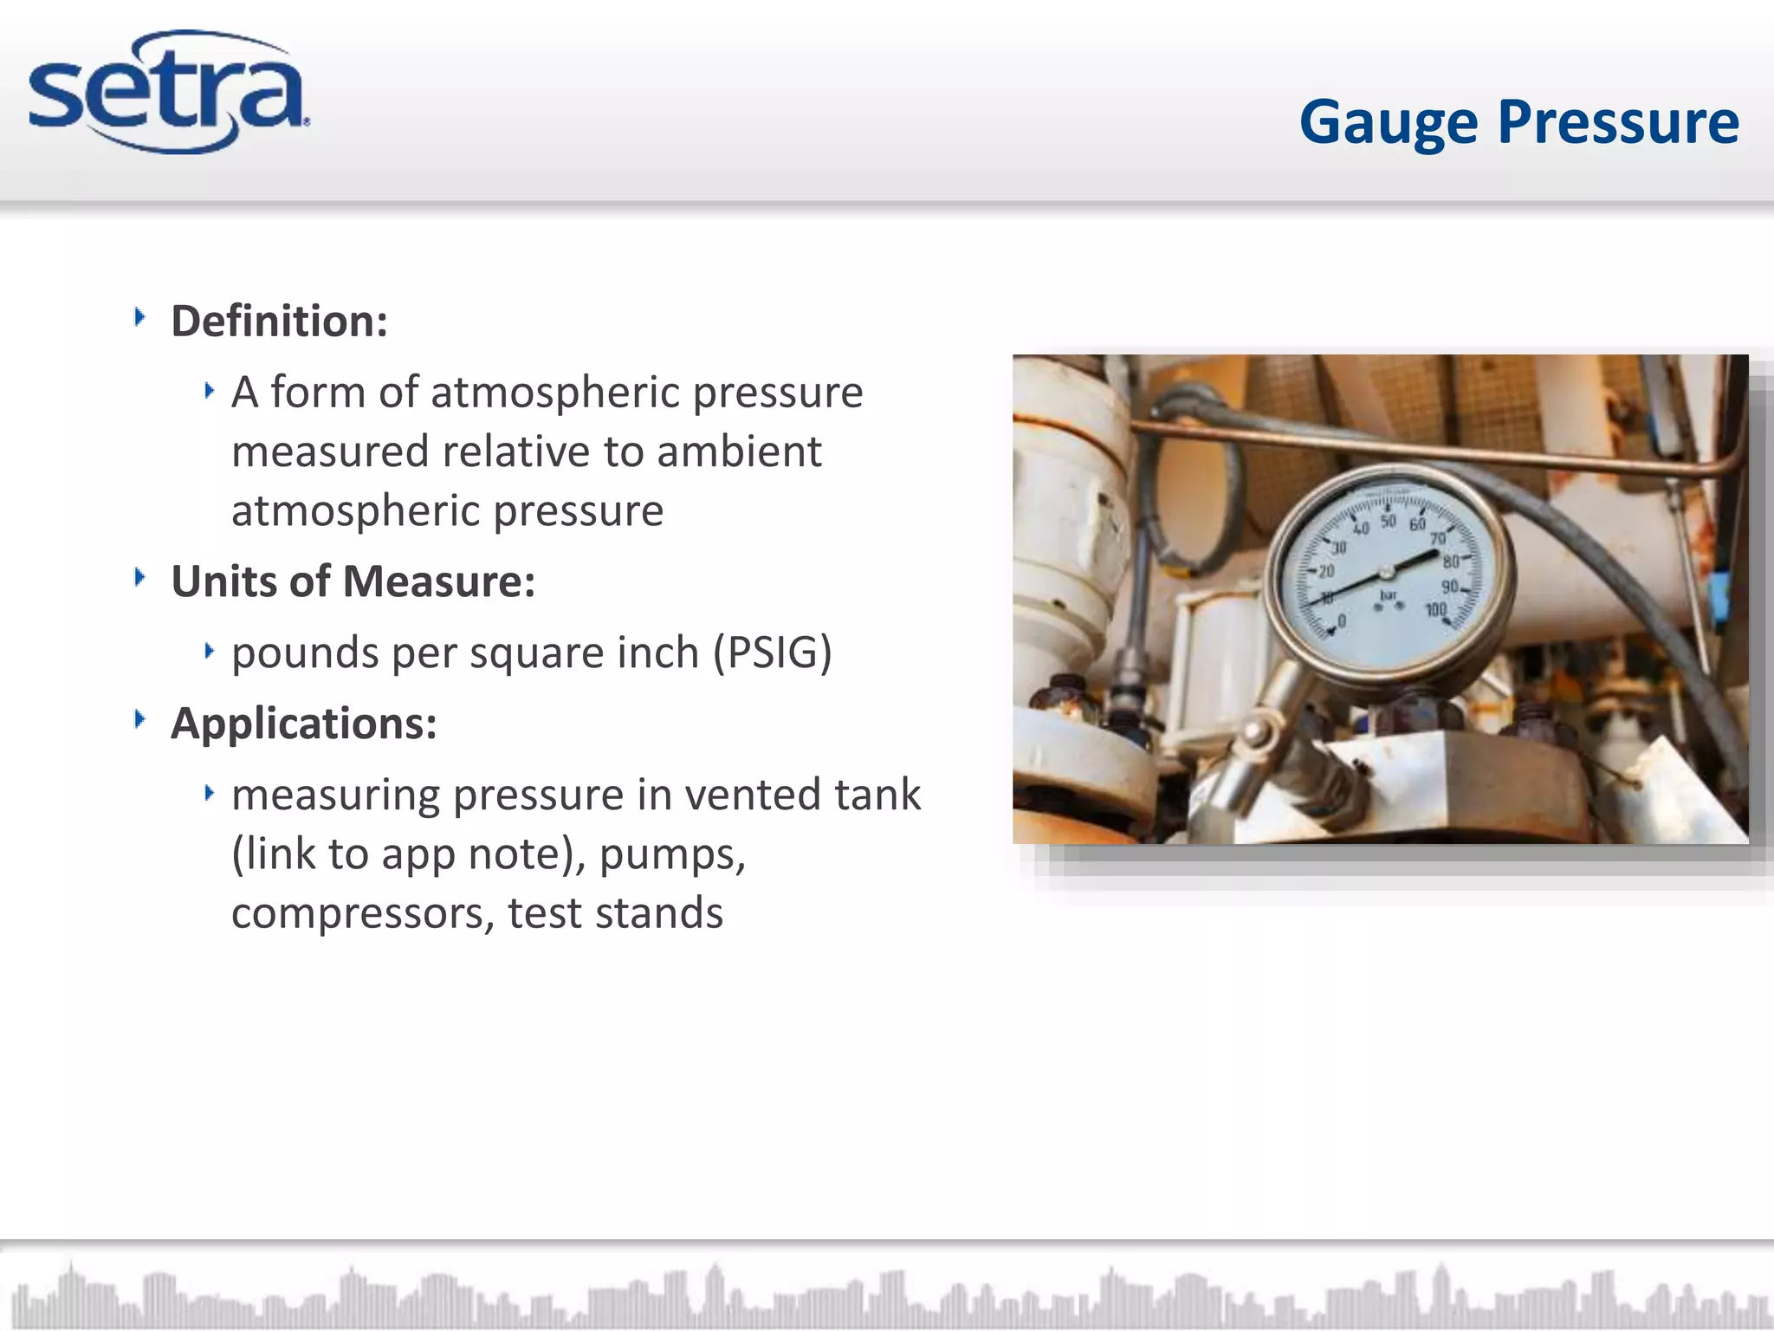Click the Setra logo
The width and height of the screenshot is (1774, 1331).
coord(169,93)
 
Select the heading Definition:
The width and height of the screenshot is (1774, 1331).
coord(279,321)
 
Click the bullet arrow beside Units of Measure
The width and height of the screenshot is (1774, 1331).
coord(139,577)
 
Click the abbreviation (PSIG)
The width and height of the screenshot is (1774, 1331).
coord(772,653)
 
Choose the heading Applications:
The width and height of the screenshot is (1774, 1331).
coord(303,724)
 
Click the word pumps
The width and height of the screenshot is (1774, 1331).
coord(671,855)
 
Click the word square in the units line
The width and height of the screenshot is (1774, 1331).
coord(536,653)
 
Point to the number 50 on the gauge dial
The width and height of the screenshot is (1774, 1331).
coord(1389,522)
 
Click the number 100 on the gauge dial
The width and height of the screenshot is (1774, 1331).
coord(1436,610)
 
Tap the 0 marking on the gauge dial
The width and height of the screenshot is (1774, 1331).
coord(1342,621)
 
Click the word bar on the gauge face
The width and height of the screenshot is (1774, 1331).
coord(1388,594)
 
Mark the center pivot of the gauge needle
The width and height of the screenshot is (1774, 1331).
coord(1385,572)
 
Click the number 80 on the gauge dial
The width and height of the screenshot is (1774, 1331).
coord(1450,562)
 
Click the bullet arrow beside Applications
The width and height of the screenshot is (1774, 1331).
coord(139,719)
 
